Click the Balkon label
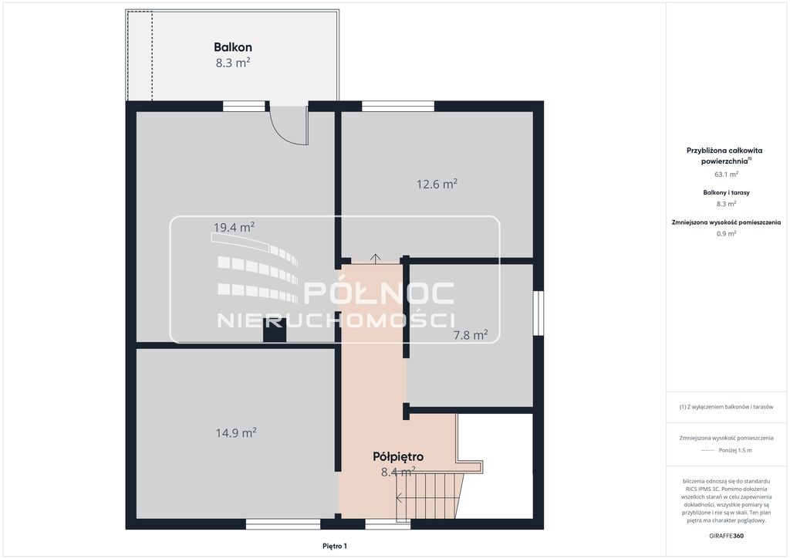pos(233,47)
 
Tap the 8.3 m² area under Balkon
pos(233,63)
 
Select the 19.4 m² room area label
pos(234,227)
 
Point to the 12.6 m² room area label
pos(437,184)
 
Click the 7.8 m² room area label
pos(471,334)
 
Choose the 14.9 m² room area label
pos(236,432)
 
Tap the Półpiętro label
pos(398,456)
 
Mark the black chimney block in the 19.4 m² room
pos(275,330)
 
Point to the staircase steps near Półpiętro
pos(429,496)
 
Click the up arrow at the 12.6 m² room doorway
pos(376,259)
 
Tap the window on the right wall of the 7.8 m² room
pos(538,313)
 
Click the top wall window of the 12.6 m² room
pos(398,106)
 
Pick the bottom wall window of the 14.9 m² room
pos(283,524)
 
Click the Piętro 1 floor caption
pos(335,546)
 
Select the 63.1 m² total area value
pos(726,174)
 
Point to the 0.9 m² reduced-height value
pos(726,233)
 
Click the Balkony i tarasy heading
pos(726,192)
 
